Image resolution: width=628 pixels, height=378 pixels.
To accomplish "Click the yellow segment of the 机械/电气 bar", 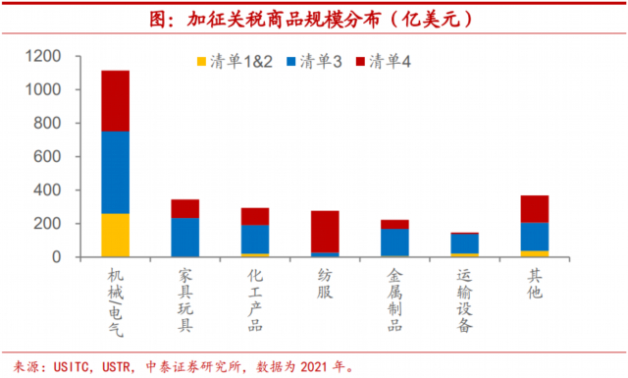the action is pos(116,235).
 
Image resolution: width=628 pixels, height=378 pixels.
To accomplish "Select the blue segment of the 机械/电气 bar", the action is pos(116,173).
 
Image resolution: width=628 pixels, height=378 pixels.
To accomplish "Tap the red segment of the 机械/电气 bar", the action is pos(116,101).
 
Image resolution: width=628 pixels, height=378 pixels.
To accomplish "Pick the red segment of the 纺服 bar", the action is pos(325,232).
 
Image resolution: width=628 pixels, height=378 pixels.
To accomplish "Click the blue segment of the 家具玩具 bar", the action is pos(185,238).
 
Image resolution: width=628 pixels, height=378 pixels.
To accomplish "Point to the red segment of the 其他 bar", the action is pos(535,209).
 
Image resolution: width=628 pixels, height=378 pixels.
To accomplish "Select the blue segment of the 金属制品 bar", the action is pos(394,243).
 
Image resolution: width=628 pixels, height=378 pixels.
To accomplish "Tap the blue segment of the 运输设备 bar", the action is pos(464,243).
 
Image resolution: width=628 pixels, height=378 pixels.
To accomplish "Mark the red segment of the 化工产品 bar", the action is pos(255,216).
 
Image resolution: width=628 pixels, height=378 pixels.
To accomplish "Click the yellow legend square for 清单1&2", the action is pos(201,62).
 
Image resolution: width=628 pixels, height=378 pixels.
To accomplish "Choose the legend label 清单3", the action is pos(321,62).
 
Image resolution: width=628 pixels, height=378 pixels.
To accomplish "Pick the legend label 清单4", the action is pos(391,62).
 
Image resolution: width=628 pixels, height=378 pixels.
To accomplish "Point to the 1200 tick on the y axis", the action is pos(43,56).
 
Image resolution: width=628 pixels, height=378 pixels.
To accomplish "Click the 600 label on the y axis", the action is pos(47,156).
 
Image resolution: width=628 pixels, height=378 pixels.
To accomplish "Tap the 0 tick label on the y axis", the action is pos(57,257).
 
